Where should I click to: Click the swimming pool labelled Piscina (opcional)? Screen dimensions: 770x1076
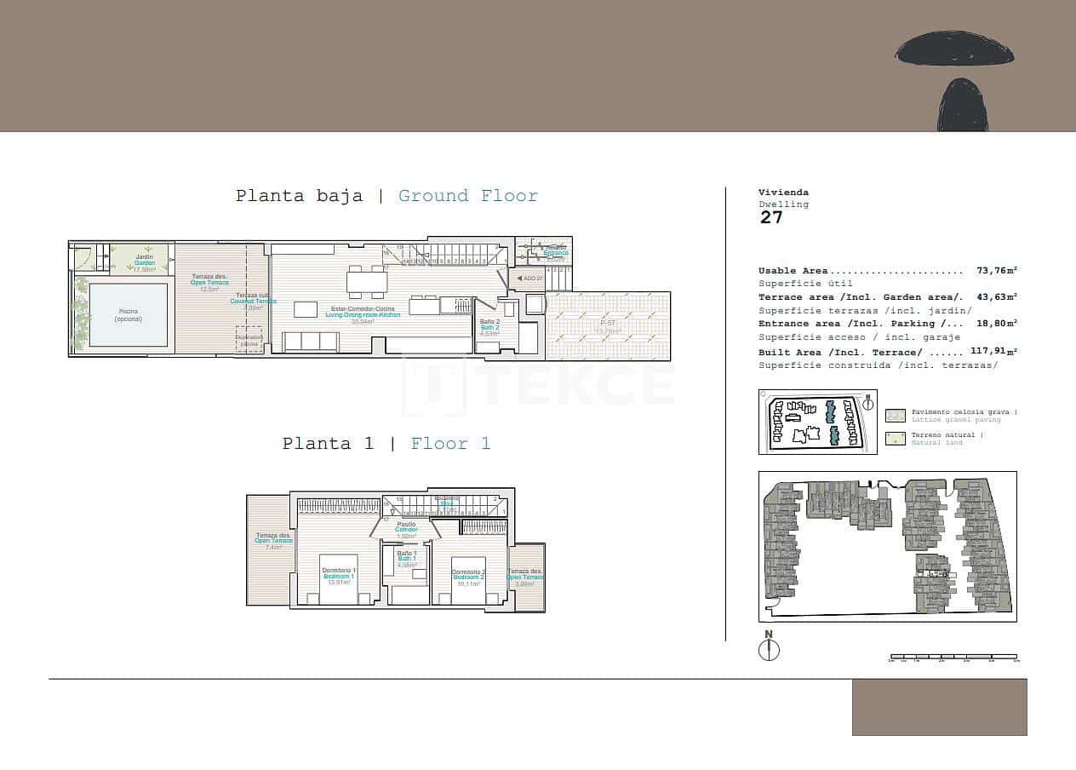129,315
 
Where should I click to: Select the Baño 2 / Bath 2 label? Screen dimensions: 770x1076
489,327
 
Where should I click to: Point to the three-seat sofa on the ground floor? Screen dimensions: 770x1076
310,342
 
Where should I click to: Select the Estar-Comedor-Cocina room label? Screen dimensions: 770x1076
362,312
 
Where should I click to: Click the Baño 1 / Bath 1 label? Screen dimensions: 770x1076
407,559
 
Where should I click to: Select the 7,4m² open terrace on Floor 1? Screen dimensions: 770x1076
269,549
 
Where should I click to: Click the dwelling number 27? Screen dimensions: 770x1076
771,218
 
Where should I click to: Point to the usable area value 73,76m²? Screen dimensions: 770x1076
996,271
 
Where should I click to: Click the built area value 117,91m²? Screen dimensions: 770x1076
993,352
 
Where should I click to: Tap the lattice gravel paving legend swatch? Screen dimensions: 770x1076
895,416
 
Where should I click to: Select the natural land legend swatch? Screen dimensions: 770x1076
895,439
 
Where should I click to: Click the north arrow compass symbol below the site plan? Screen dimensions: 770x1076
769,650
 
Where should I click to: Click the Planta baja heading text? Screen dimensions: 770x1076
299,196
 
